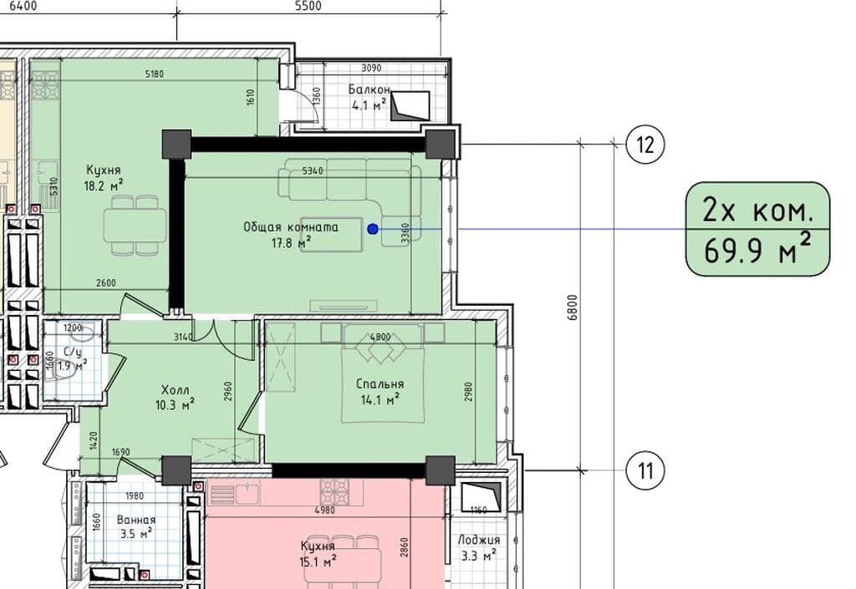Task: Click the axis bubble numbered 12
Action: pyautogui.click(x=645, y=145)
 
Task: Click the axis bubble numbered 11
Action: pyautogui.click(x=645, y=470)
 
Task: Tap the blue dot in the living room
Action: pyautogui.click(x=373, y=229)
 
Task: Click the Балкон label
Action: pyautogui.click(x=369, y=89)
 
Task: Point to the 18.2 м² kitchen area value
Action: pyautogui.click(x=103, y=185)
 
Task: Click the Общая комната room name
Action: pyautogui.click(x=291, y=227)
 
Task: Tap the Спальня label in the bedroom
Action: pyautogui.click(x=380, y=384)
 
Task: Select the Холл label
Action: pyautogui.click(x=176, y=390)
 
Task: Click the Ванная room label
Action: pyautogui.click(x=136, y=520)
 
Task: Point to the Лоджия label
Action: pyautogui.click(x=479, y=540)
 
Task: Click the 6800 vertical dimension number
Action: pyautogui.click(x=572, y=307)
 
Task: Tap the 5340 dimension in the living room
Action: pyautogui.click(x=313, y=170)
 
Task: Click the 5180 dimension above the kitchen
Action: pyautogui.click(x=155, y=74)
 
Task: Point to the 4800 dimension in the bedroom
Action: pyautogui.click(x=380, y=337)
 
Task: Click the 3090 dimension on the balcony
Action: pyautogui.click(x=371, y=69)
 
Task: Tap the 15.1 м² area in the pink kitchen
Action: pyautogui.click(x=318, y=561)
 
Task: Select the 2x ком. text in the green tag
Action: pyautogui.click(x=757, y=210)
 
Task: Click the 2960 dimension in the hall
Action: pyautogui.click(x=228, y=390)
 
